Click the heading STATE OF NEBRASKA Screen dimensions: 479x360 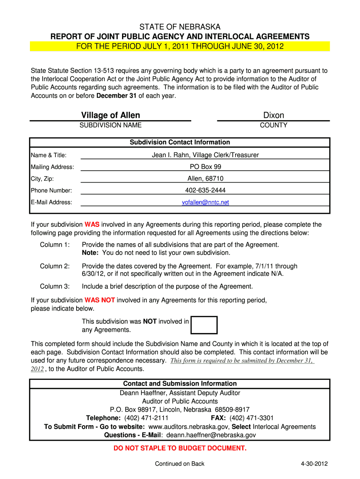180,27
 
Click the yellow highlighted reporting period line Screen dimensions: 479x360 180,46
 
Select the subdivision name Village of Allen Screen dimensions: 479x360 110,115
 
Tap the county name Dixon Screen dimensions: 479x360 274,115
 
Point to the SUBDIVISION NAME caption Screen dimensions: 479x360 110,125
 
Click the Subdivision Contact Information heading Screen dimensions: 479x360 180,142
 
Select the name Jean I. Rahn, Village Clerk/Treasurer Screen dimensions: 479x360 205,155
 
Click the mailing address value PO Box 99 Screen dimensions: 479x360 205,167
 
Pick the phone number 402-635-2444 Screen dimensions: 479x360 205,190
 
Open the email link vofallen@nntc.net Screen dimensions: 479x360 205,203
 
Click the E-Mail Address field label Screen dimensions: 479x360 51,203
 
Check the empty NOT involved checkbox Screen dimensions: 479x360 205,325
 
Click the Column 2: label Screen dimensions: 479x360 55,266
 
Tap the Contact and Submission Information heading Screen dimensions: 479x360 180,384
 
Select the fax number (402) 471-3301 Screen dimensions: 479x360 252,418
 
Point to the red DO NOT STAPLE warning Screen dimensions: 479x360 180,448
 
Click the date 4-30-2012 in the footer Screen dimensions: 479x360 314,464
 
